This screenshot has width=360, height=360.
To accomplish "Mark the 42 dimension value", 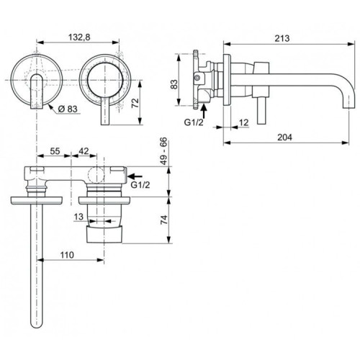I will [x=84, y=151].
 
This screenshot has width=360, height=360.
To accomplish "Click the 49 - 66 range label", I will [x=164, y=153].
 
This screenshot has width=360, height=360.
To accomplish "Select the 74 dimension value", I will [x=164, y=219].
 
